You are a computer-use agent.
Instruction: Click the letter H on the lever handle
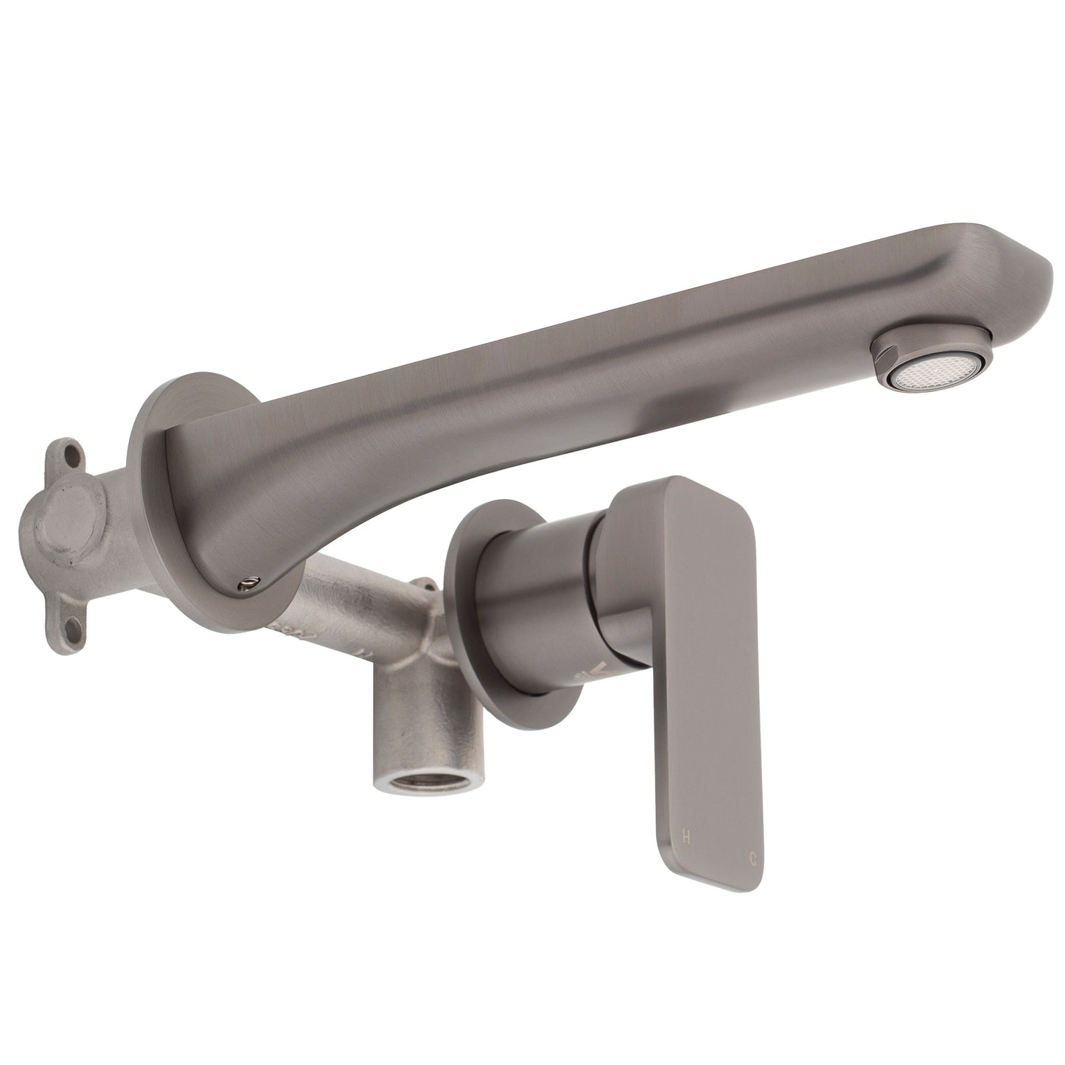[687, 836]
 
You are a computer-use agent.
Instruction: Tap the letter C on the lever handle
[753, 858]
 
